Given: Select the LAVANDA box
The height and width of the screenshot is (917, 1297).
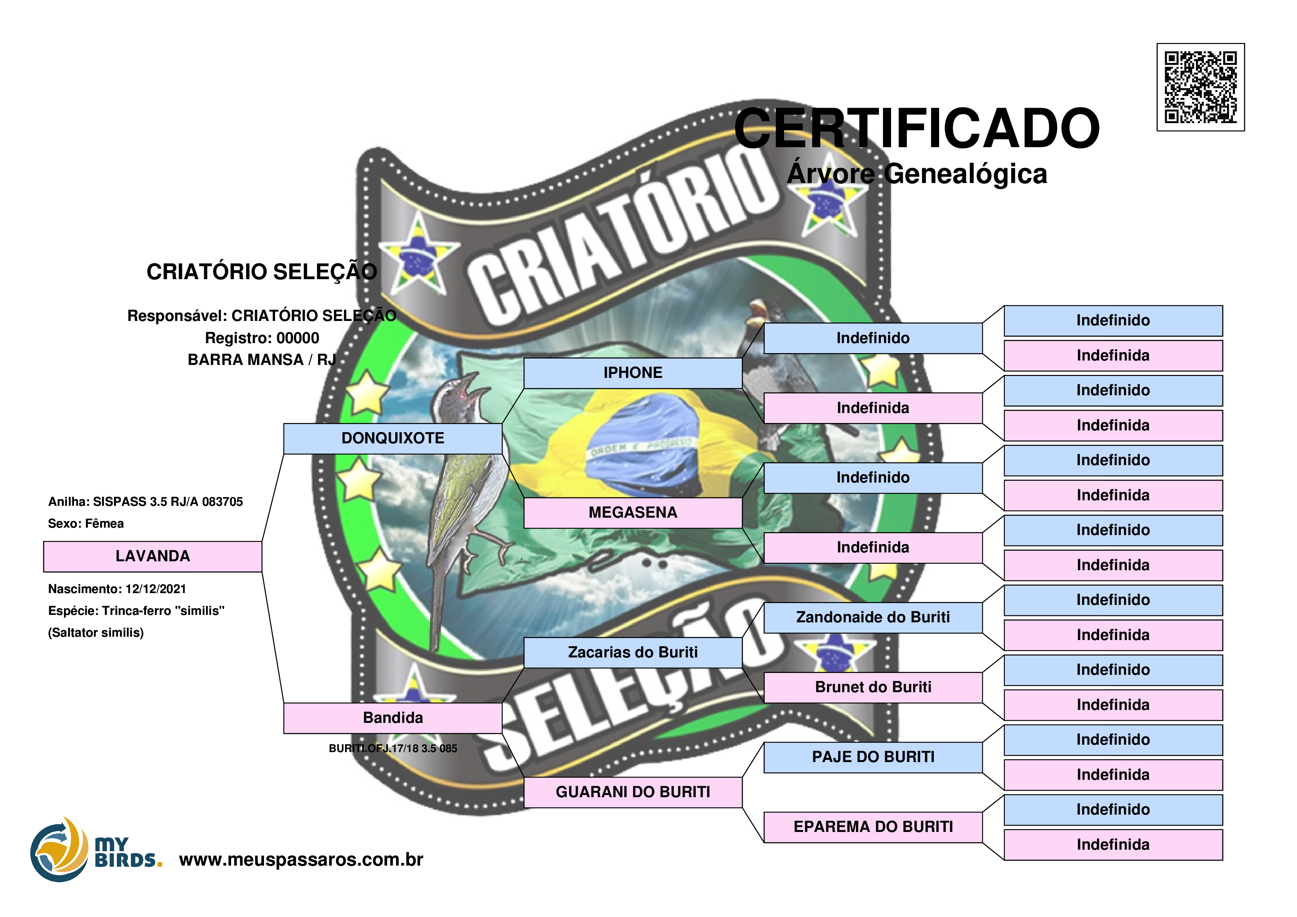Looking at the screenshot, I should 153,556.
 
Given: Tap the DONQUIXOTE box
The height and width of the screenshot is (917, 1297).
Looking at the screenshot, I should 393,439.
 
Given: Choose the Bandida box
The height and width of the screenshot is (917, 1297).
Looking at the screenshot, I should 393,718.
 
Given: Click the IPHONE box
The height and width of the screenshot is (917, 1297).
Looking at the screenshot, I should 633,373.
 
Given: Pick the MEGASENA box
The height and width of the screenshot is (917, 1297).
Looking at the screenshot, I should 633,512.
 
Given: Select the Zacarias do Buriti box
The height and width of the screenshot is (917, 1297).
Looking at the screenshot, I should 633,653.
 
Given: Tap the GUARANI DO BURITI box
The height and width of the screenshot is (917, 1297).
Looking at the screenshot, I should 633,792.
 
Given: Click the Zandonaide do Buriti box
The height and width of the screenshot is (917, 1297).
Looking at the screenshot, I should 873,617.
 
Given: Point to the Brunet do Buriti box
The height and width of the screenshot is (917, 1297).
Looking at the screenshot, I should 873,688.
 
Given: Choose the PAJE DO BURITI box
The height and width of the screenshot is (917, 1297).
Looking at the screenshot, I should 873,757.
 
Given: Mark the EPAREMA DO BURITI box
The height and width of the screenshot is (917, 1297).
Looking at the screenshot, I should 873,827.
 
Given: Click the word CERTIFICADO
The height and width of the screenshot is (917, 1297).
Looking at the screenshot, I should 916,129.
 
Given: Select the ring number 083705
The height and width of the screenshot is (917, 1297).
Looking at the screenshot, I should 222,502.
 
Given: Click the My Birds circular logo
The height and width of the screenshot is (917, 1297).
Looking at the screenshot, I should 59,849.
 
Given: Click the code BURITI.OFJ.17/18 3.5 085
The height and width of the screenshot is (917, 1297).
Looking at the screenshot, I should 393,749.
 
